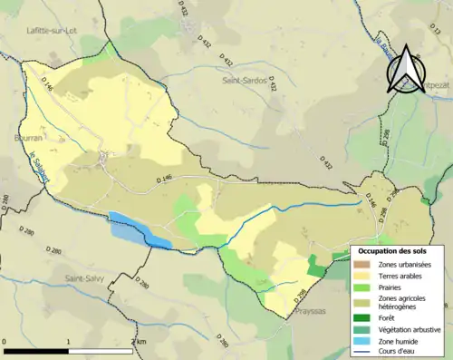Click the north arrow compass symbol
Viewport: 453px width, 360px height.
pyautogui.click(x=405, y=68)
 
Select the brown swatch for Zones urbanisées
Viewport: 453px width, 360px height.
pyautogui.click(x=361, y=263)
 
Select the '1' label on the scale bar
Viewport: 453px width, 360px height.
pyautogui.click(x=69, y=341)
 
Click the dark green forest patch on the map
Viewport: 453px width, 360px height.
pyautogui.click(x=314, y=266)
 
